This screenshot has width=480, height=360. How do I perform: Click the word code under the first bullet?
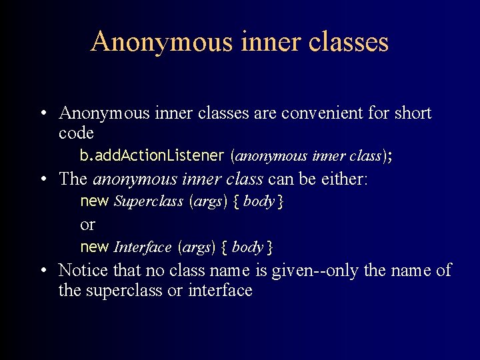tap(76, 133)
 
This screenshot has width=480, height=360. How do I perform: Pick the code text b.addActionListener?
tap(152, 156)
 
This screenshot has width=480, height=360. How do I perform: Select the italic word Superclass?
tap(149, 201)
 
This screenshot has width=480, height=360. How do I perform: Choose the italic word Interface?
tap(143, 247)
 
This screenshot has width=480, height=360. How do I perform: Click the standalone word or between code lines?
tap(87, 224)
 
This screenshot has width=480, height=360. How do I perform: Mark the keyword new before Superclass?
tap(94, 201)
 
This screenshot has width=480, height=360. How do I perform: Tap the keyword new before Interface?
tap(94, 247)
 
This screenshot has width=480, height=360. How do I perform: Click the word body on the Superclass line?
tap(259, 201)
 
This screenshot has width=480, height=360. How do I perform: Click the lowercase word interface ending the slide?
tap(220, 291)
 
